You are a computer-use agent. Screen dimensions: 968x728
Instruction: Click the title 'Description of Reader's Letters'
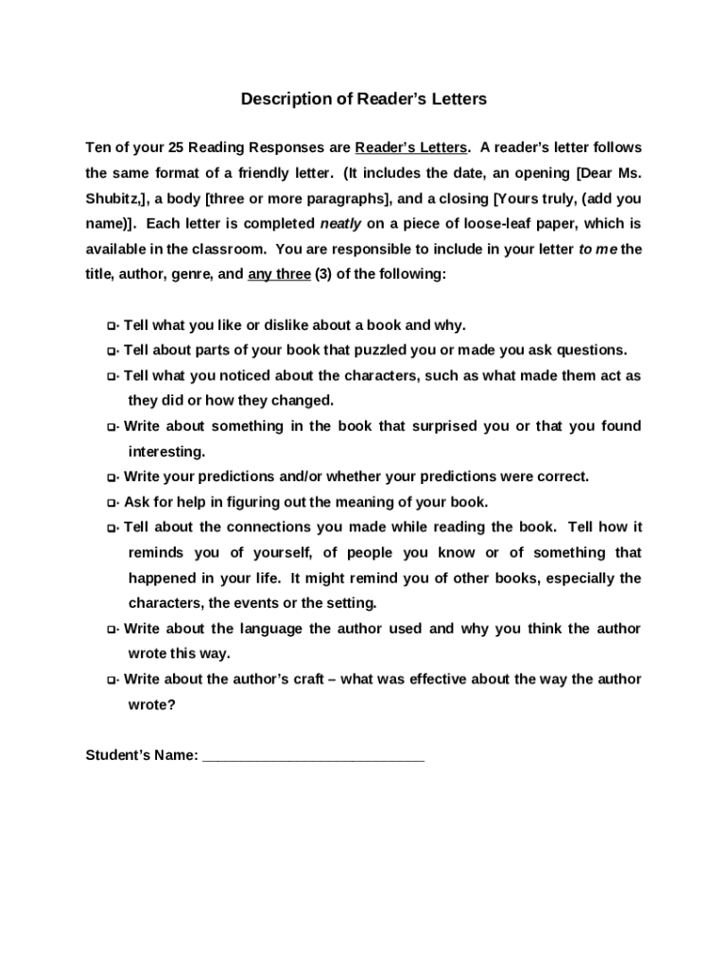[363, 99]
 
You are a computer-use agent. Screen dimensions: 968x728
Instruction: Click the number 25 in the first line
[177, 148]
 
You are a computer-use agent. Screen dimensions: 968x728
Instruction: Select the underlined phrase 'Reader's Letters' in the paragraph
[411, 148]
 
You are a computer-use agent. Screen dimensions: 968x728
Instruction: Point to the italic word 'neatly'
[341, 224]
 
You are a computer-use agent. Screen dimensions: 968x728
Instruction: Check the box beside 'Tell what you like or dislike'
[112, 326]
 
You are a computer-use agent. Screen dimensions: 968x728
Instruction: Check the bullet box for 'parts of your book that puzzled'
[112, 352]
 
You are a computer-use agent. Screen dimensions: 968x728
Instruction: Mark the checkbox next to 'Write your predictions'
[112, 478]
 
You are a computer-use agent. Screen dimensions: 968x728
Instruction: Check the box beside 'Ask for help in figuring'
[112, 504]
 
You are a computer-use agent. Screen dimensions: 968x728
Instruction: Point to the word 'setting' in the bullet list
[350, 603]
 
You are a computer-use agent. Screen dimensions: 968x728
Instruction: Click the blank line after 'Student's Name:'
[313, 756]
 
